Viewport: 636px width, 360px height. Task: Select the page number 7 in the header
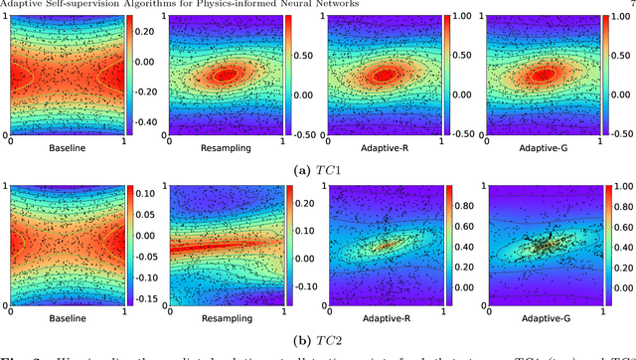tap(631, 4)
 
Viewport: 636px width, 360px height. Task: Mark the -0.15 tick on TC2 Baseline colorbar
tap(147, 297)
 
